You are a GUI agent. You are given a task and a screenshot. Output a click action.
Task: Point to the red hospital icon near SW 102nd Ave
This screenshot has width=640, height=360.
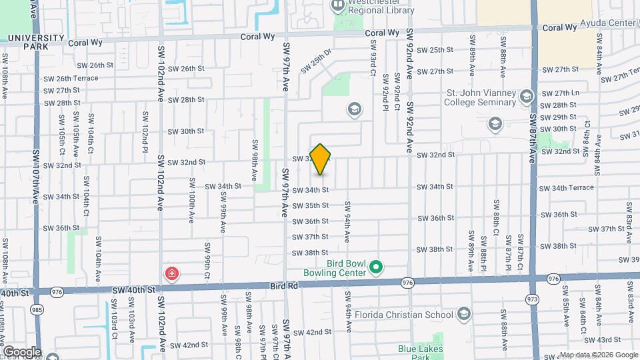172,273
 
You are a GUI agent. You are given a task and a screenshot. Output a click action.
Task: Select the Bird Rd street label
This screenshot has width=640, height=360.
282,285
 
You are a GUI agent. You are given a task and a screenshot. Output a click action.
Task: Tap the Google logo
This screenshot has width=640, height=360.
22,351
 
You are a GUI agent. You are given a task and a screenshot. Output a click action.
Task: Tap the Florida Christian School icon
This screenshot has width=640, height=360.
464,314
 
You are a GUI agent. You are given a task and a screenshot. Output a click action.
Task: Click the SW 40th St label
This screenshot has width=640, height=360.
133,290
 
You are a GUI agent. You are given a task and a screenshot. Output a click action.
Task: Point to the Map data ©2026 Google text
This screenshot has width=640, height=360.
598,355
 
